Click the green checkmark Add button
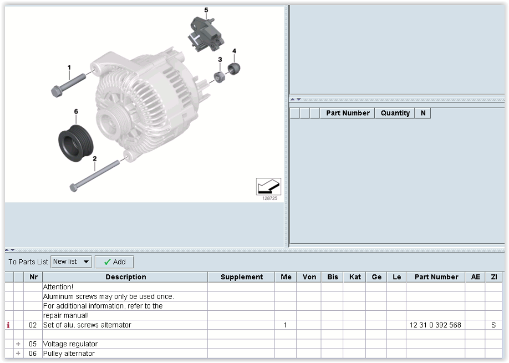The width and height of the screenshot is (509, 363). (114, 262)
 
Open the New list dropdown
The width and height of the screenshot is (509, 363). (71, 262)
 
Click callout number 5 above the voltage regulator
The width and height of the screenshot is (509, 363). (206, 10)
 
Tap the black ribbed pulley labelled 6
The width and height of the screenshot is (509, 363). (75, 143)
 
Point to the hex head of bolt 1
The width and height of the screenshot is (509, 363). (57, 91)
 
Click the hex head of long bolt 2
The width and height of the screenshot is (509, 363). (74, 187)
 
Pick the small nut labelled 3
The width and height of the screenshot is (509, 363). (219, 77)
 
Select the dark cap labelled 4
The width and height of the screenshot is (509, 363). (234, 69)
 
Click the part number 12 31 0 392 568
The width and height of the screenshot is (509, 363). (435, 325)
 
